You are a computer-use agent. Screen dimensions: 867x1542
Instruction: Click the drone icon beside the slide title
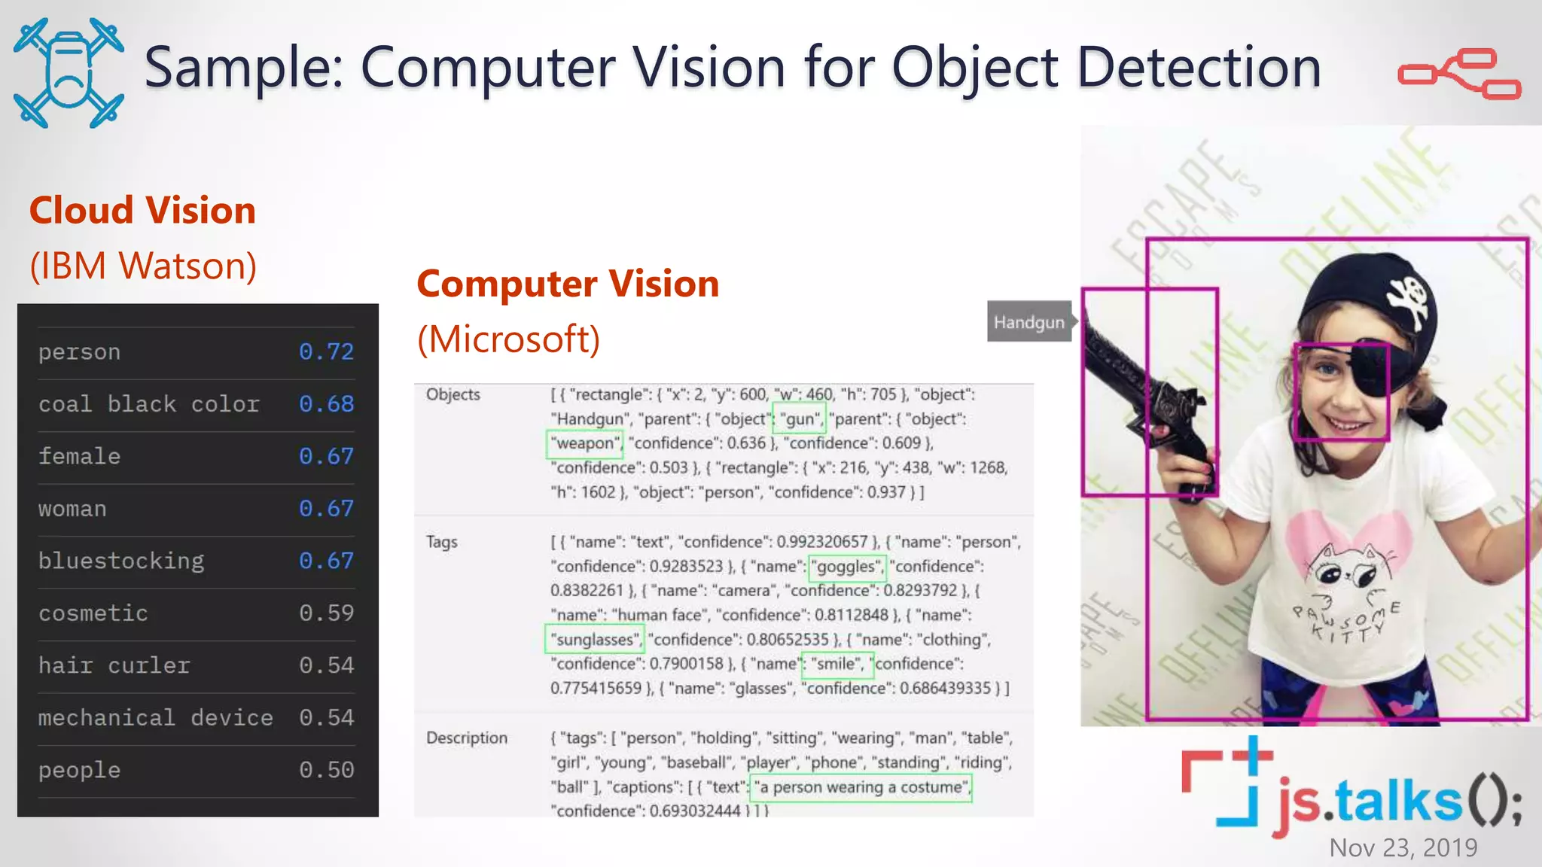(x=69, y=73)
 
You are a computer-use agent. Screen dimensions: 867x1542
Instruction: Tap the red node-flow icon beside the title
(x=1459, y=74)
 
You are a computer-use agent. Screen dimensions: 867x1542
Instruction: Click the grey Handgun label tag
(x=1029, y=322)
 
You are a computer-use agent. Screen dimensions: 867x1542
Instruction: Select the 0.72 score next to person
(x=326, y=351)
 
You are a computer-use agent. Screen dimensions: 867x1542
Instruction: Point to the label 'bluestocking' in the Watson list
(x=121, y=561)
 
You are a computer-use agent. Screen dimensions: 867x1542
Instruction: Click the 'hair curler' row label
(x=114, y=665)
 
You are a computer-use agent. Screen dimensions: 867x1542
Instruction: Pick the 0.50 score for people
(x=326, y=770)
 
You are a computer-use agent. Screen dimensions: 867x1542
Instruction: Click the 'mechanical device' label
(x=155, y=718)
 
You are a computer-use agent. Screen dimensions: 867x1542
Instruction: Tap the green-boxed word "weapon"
(x=585, y=443)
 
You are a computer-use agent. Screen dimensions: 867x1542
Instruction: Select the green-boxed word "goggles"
(x=847, y=567)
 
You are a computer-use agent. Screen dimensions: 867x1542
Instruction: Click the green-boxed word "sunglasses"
(x=595, y=640)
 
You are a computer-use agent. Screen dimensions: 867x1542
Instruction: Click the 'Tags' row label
(x=441, y=542)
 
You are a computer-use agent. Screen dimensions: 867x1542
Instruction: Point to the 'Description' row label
(x=467, y=738)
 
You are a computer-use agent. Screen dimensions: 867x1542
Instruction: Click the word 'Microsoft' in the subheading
(x=509, y=339)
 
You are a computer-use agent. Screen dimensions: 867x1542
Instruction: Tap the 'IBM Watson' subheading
(x=143, y=266)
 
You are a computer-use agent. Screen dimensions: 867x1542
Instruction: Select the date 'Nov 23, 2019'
(x=1403, y=848)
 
